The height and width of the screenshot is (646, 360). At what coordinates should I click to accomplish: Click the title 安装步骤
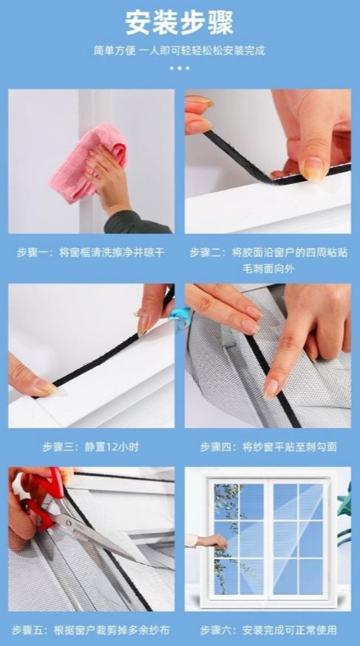[180, 22]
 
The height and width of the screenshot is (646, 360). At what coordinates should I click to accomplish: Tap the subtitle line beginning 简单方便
[180, 51]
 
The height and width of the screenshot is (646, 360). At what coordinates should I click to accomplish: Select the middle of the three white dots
[180, 68]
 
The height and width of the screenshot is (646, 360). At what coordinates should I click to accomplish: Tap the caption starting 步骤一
[91, 253]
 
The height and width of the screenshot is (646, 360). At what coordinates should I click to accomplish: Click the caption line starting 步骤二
[268, 253]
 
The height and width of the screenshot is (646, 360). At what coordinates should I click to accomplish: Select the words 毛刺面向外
[268, 269]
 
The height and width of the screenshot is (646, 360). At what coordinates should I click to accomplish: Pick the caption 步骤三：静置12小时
[91, 447]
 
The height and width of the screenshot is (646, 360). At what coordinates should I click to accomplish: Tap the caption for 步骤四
[268, 447]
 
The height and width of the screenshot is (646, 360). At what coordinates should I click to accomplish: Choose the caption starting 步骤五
[91, 630]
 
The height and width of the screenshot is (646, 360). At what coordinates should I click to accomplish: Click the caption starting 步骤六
[268, 630]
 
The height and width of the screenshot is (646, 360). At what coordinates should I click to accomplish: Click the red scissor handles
[41, 498]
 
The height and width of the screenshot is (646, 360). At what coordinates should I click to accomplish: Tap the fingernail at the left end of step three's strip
[44, 386]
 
